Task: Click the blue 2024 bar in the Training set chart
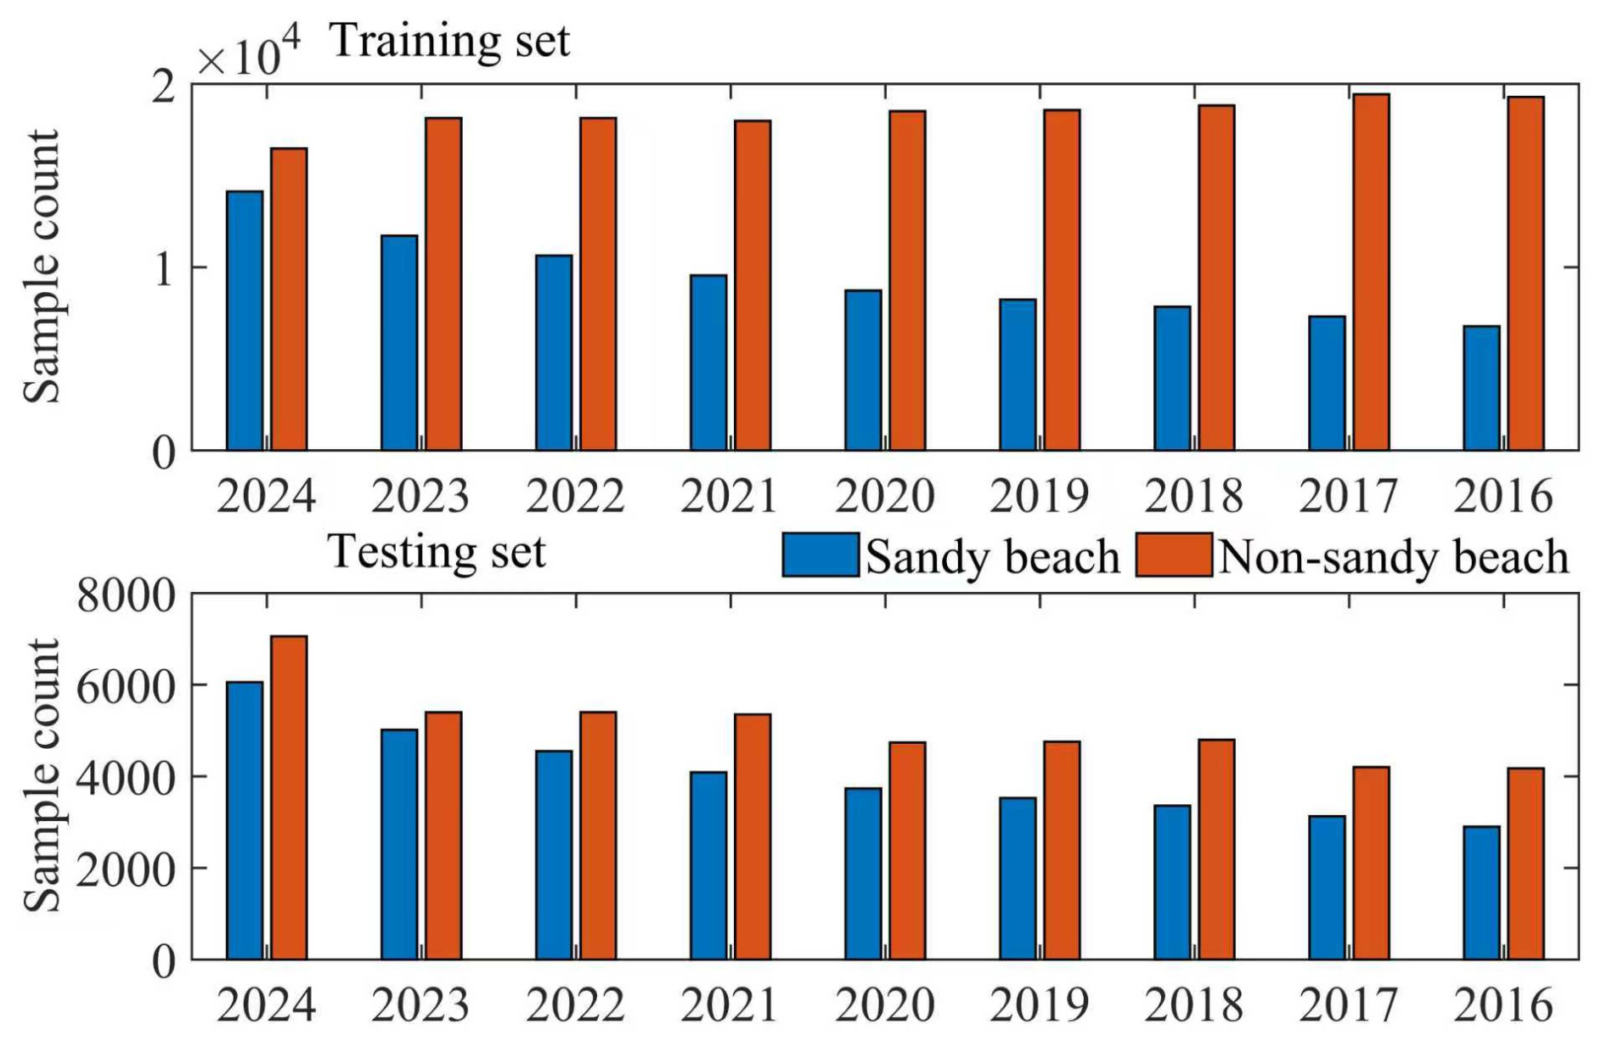pos(245,320)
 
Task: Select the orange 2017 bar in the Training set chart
pos(1371,272)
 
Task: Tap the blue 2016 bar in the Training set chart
pos(1481,387)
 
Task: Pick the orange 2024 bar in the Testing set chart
pos(289,797)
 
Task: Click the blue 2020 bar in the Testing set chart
pos(863,874)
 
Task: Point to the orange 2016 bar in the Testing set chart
pos(1525,864)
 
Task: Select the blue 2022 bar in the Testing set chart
pos(554,855)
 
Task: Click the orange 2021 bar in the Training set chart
pos(753,285)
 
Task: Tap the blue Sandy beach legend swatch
pos(820,555)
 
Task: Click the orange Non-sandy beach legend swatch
pos(1173,555)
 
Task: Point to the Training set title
pos(449,41)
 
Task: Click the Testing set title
pos(436,551)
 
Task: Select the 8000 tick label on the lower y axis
pos(126,595)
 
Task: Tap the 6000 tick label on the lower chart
pos(126,686)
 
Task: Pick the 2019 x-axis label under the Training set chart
pos(1039,496)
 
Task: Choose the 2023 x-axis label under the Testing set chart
pos(420,1005)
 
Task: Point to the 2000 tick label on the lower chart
pos(126,870)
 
